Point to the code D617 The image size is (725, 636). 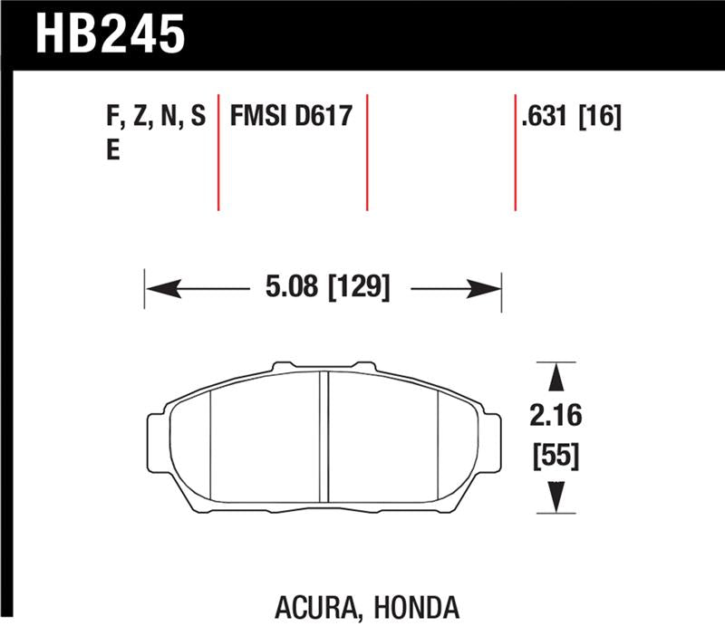click(x=322, y=117)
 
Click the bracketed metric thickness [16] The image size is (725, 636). click(x=599, y=117)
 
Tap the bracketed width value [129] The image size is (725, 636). click(x=360, y=288)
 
